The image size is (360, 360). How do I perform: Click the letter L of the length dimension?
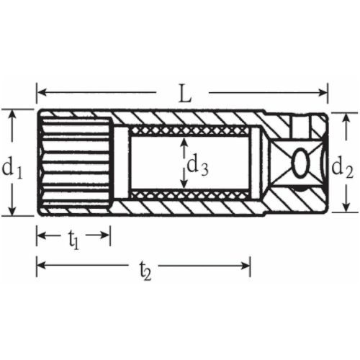coord(183,93)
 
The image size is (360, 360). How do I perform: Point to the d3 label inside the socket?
coord(198,165)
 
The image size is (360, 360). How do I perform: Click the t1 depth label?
coord(73,239)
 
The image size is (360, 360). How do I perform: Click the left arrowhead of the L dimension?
coord(41,92)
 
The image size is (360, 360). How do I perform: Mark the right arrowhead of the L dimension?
coord(323,92)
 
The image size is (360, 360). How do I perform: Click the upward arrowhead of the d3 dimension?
coord(184,142)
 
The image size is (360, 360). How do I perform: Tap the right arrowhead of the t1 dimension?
coord(107,235)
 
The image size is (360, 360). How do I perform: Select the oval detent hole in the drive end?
coord(301,163)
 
